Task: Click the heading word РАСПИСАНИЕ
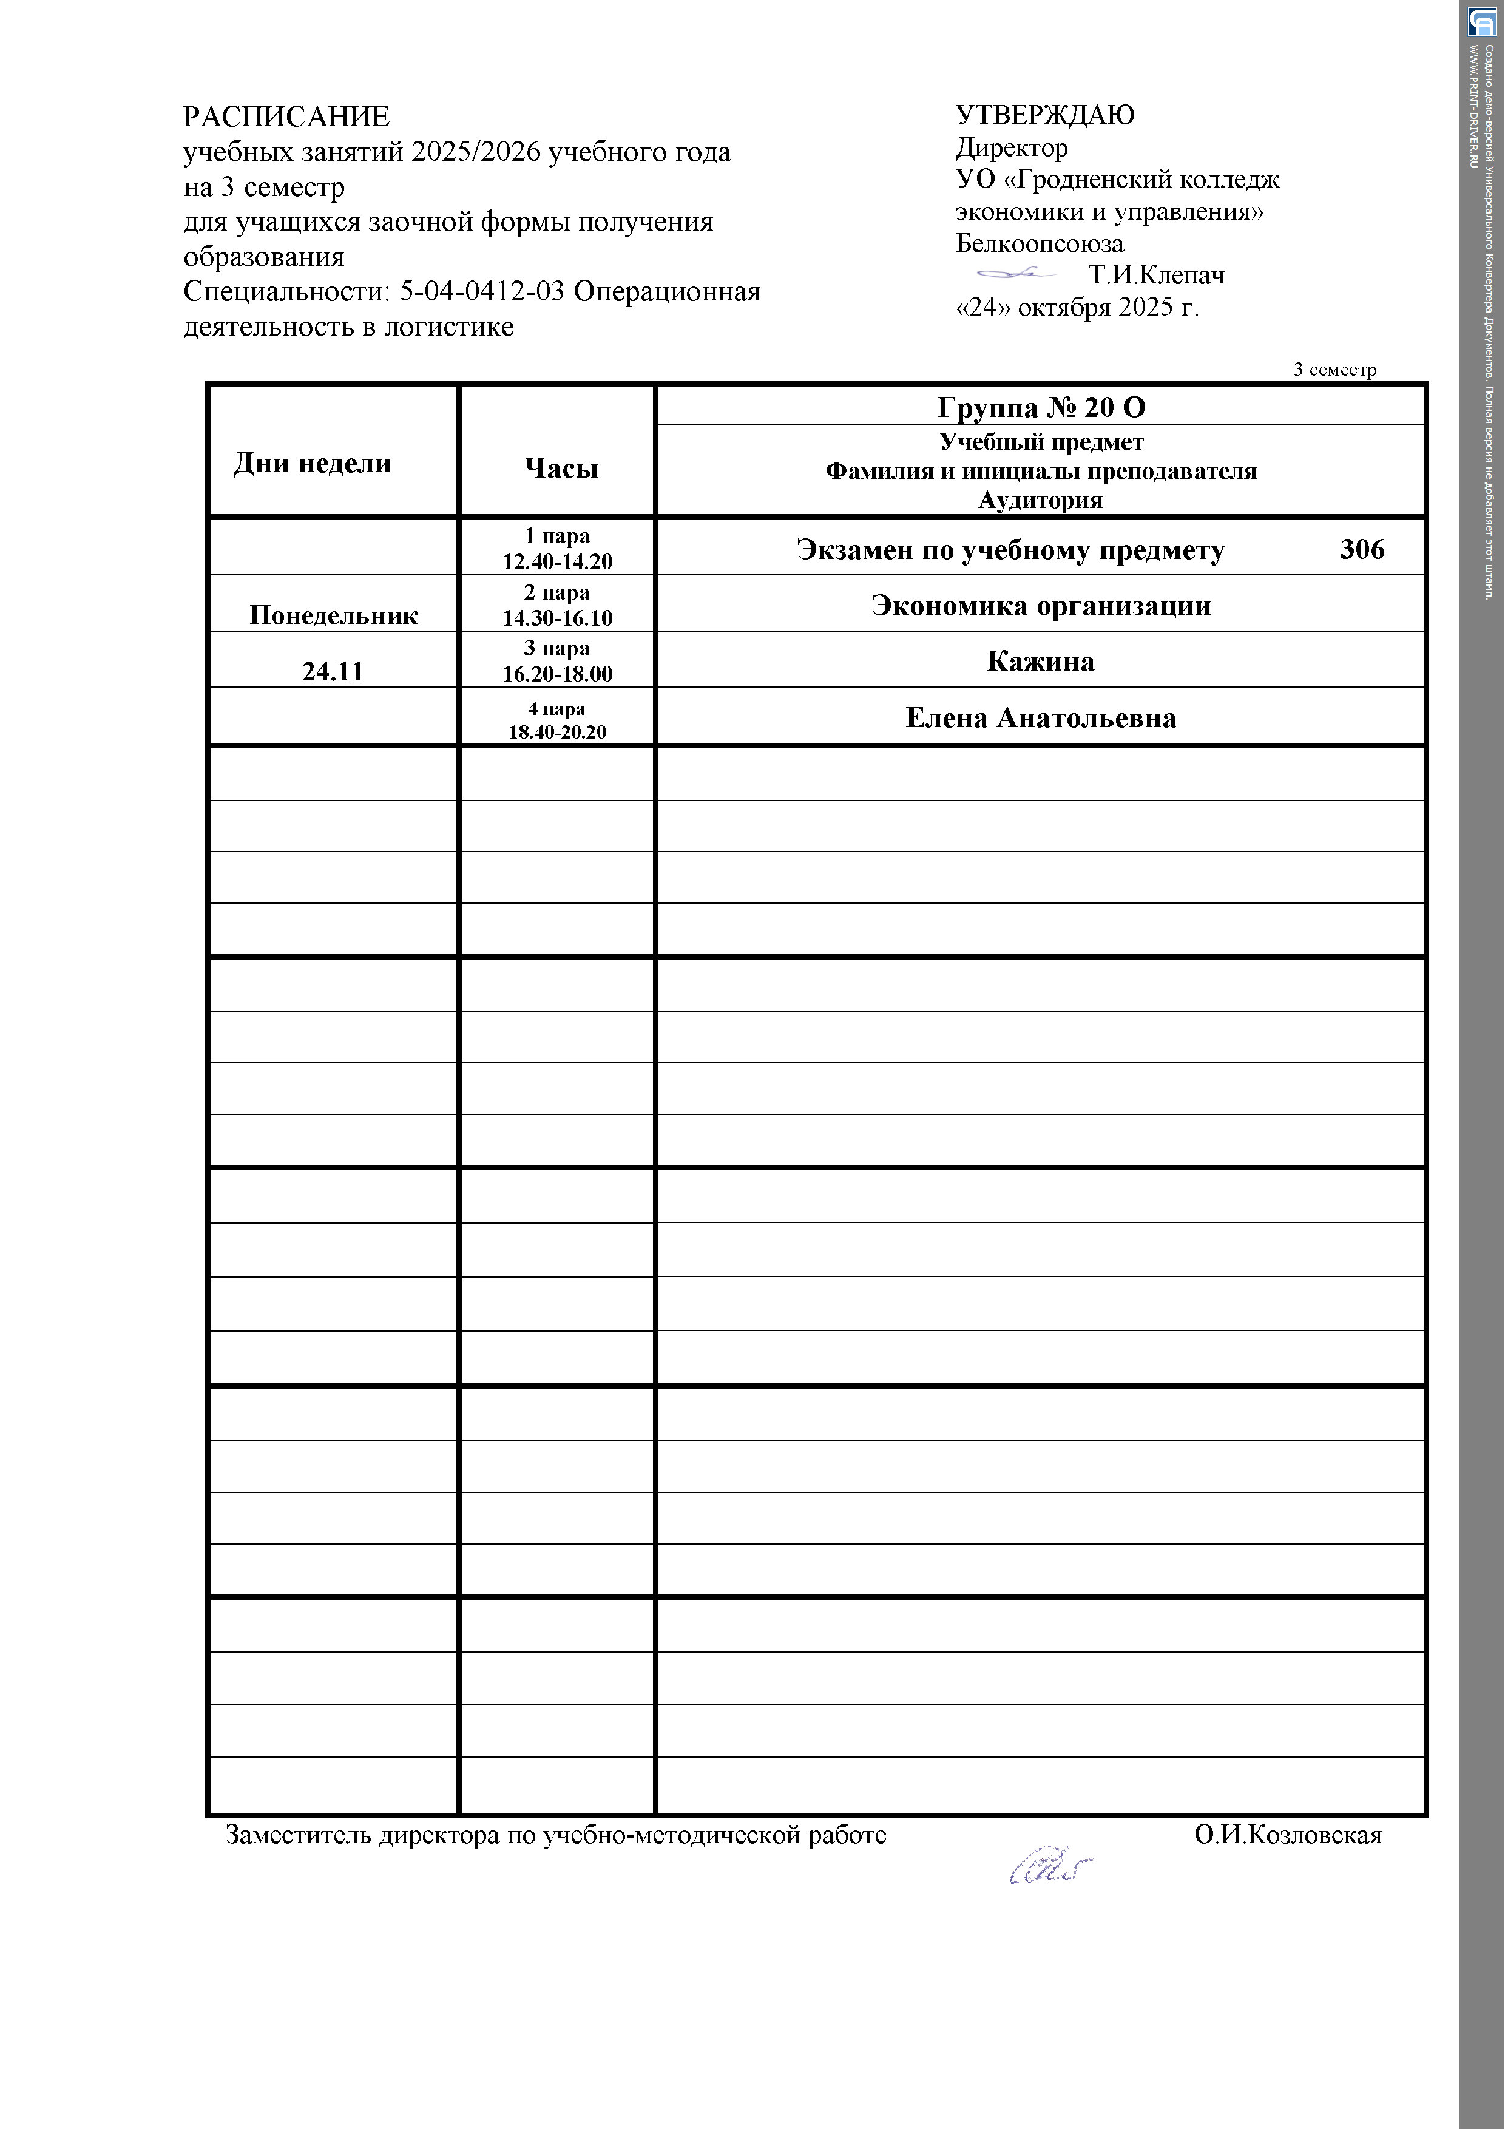click(x=286, y=117)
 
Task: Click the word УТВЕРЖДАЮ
click(x=1044, y=115)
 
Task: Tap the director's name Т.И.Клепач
click(x=1155, y=276)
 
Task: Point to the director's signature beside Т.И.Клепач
click(x=1016, y=272)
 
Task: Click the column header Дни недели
click(x=313, y=464)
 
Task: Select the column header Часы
click(x=561, y=469)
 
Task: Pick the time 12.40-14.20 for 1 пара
click(x=557, y=561)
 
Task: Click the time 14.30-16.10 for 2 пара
click(x=557, y=618)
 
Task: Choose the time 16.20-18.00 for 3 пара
click(x=557, y=674)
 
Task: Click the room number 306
click(x=1361, y=550)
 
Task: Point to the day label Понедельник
click(x=334, y=616)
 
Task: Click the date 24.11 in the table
click(x=333, y=671)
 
